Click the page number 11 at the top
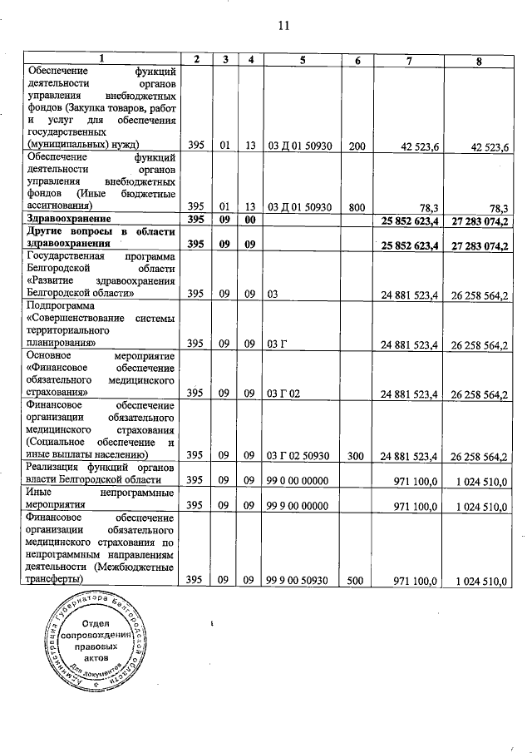point(283,26)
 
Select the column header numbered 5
point(303,59)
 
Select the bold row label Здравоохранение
point(67,218)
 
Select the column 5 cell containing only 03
point(275,295)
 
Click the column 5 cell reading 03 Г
point(279,344)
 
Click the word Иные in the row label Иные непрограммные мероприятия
point(41,493)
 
